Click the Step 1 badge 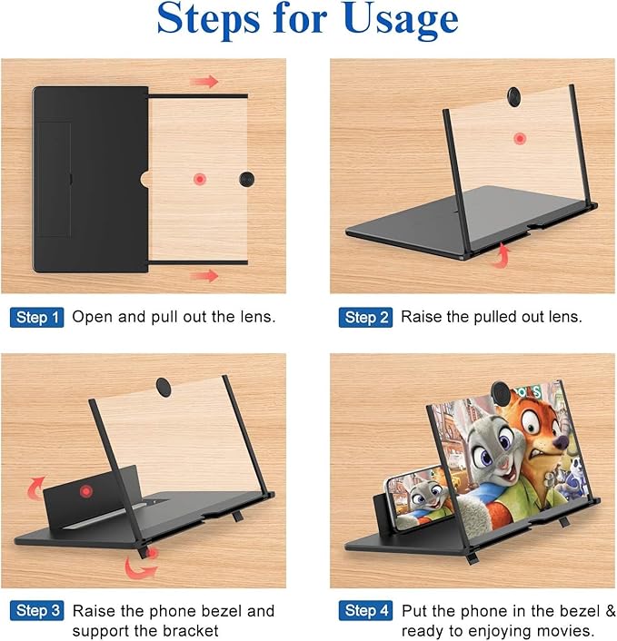point(37,317)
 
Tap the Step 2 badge point(366,317)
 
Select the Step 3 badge point(37,610)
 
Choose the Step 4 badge point(366,610)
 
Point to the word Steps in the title point(214,20)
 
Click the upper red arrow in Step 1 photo point(206,82)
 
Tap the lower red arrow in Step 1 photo point(205,275)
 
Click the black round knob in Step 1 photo point(248,178)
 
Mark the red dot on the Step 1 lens point(199,179)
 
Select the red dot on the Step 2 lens point(519,139)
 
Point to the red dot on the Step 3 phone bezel point(86,492)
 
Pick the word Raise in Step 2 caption point(423,317)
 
